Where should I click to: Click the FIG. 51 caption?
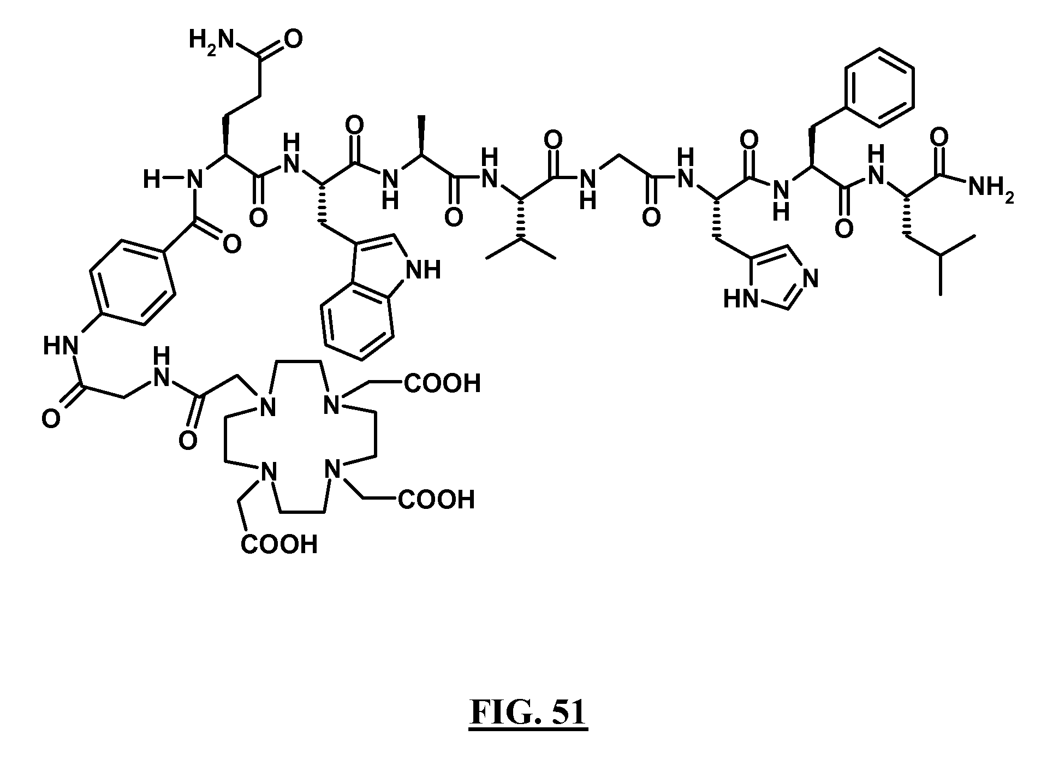pyautogui.click(x=528, y=713)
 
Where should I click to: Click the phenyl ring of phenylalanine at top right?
pyautogui.click(x=879, y=88)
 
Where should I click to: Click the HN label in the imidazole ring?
pyautogui.click(x=741, y=300)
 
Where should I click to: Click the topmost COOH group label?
pyautogui.click(x=442, y=383)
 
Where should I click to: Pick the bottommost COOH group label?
pyautogui.click(x=279, y=544)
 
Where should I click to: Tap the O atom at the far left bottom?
pyautogui.click(x=51, y=419)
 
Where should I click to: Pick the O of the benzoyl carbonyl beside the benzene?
pyautogui.click(x=232, y=245)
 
